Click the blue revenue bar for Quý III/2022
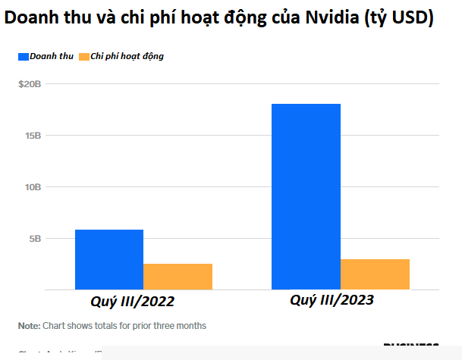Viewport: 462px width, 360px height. pos(109,259)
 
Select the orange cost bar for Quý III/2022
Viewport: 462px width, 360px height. pos(178,277)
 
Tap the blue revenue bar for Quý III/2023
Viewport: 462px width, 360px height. pos(306,196)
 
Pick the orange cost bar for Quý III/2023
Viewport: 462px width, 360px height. pos(375,274)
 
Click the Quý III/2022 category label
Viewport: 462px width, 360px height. pos(134,302)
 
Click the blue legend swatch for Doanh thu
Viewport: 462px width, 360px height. pos(23,56)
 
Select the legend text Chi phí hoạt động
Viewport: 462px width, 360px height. pos(127,56)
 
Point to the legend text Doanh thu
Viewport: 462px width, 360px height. pos(52,56)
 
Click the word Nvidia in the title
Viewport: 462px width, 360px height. pos(344,18)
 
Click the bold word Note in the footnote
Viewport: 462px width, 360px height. pos(29,326)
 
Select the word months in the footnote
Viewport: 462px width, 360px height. pos(189,326)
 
